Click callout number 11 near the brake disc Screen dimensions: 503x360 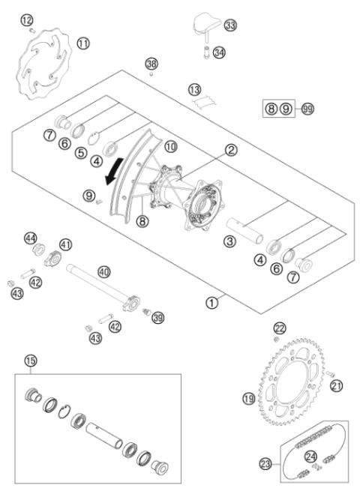(82, 43)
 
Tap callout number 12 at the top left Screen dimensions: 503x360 (27, 19)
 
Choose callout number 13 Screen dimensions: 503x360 (195, 88)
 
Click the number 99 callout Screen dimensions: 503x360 (307, 109)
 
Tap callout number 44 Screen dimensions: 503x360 (31, 238)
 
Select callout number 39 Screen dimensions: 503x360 (157, 319)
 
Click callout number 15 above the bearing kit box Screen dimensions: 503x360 (31, 361)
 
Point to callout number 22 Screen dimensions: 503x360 (279, 328)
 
